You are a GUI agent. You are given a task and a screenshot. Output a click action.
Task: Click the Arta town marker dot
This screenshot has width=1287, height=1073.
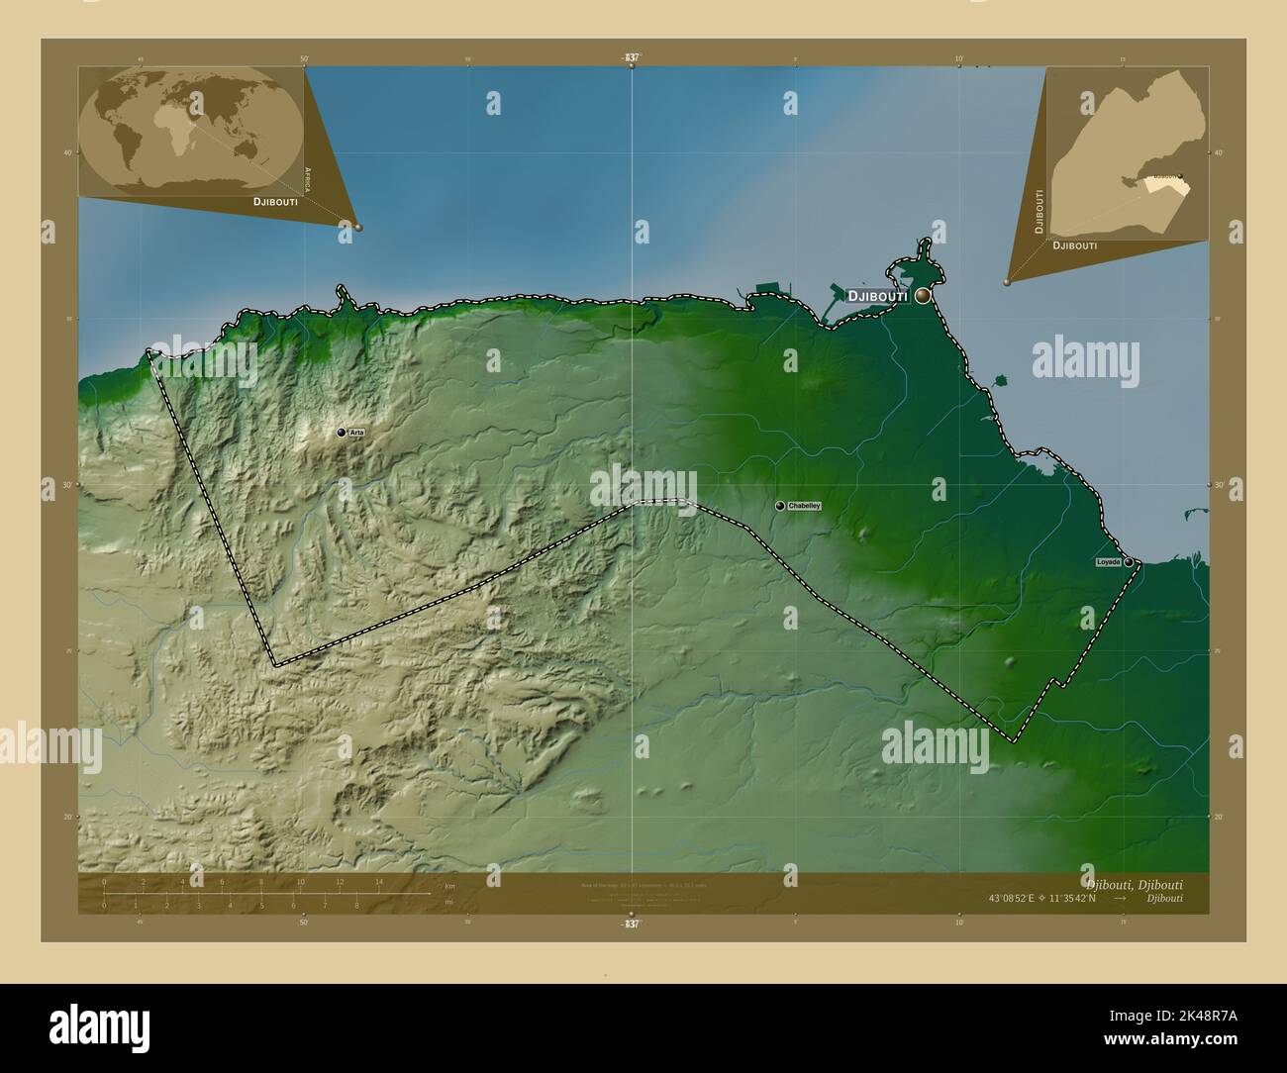342,433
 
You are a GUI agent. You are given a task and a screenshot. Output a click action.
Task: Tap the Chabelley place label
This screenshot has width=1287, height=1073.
804,506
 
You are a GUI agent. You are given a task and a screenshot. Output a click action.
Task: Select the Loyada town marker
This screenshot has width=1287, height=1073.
1129,562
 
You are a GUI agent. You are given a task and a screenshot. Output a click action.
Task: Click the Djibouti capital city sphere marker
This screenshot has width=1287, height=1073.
923,295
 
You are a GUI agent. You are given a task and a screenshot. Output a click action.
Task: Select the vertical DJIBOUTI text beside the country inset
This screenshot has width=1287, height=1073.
1039,210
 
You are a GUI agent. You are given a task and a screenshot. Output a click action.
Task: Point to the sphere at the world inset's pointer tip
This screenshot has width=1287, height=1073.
358,227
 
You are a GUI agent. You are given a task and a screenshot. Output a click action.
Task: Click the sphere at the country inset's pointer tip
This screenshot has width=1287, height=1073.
1007,281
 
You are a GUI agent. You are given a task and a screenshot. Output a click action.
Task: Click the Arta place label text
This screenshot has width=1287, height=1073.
356,433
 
